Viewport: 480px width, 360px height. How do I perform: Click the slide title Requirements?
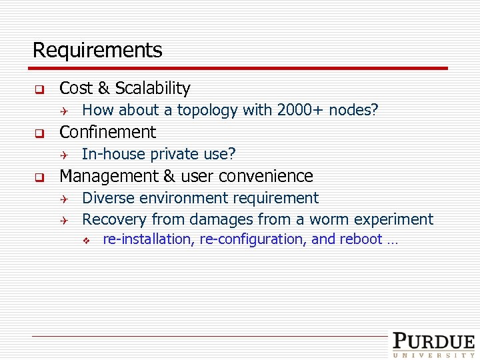point(97,51)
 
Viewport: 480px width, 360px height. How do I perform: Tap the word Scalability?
point(153,88)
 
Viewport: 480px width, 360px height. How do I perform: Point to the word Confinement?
point(107,132)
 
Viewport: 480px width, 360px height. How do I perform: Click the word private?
point(175,154)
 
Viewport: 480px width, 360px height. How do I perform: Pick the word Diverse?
point(107,198)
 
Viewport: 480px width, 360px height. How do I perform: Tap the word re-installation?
point(147,240)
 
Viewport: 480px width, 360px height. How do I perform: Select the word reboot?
point(360,240)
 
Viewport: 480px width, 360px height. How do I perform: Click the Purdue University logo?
point(433,344)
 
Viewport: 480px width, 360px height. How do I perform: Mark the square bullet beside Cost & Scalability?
point(39,89)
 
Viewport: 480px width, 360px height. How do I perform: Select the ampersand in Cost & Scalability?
point(103,88)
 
